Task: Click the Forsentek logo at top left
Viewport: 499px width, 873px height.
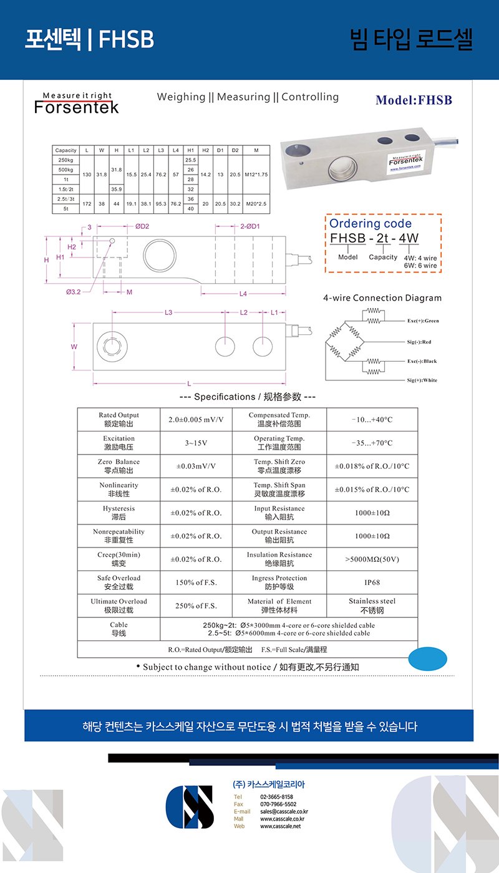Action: (x=77, y=104)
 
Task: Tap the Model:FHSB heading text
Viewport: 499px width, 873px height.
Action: (x=414, y=100)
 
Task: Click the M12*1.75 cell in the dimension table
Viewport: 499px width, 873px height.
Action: (x=256, y=175)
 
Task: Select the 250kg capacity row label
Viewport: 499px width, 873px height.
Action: (x=65, y=160)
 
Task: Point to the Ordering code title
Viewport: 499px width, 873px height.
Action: (x=371, y=224)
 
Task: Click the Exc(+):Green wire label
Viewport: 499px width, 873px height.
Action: (x=423, y=321)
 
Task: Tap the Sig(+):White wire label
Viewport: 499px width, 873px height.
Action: (x=422, y=380)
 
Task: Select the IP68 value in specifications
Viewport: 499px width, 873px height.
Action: (x=372, y=582)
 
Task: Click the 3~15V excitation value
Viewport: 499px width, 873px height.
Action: (x=196, y=443)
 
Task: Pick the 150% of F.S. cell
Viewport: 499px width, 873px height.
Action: (x=196, y=582)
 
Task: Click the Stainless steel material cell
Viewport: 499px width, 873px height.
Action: (x=372, y=605)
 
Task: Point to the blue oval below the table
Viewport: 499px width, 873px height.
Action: (x=427, y=658)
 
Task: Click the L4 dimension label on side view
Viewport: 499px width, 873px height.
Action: (x=243, y=294)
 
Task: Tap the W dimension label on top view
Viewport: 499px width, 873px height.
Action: (x=74, y=346)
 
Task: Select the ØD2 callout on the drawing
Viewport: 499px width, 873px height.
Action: (x=142, y=227)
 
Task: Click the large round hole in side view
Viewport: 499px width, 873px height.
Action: (x=160, y=256)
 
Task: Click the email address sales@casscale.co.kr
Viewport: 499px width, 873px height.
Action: (x=284, y=812)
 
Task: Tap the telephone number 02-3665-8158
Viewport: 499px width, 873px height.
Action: (x=276, y=797)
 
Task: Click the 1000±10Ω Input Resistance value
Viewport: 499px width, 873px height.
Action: (x=372, y=513)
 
